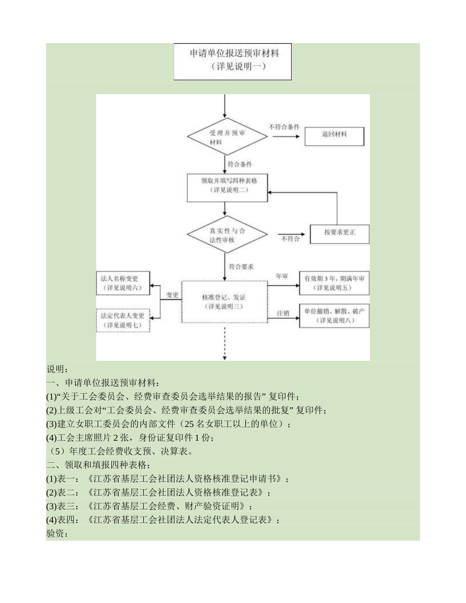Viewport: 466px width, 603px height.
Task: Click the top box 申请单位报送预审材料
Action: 233,62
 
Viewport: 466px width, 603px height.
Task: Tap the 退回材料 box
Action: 335,136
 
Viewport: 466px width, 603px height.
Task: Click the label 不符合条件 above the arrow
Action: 284,126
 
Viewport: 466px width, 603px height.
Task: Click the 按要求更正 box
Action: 339,234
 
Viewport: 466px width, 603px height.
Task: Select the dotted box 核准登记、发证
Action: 224,302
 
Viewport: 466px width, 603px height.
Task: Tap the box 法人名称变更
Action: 123,283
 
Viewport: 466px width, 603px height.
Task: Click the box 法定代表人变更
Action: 123,320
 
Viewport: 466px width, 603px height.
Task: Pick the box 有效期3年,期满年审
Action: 334,283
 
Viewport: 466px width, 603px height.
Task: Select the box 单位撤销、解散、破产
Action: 334,316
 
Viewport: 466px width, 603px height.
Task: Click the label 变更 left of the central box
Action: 171,295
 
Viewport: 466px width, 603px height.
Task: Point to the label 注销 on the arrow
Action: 283,312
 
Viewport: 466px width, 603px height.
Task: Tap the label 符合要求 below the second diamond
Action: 241,267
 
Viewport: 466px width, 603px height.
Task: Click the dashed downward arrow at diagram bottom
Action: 225,346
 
